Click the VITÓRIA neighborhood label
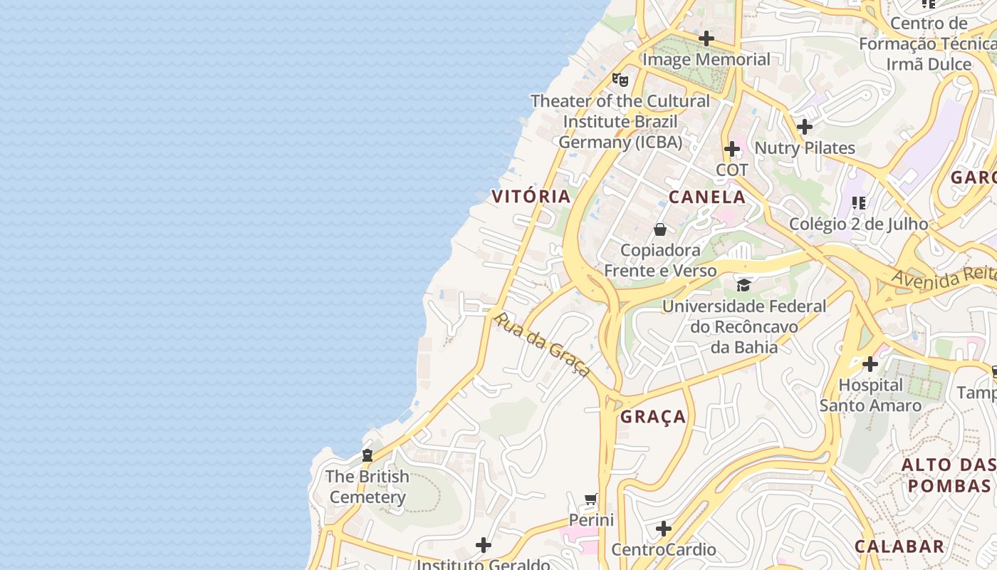coord(531,197)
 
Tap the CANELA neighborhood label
coord(707,197)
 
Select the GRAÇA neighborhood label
coord(653,417)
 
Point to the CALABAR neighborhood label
coord(899,546)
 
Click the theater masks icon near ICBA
coord(620,79)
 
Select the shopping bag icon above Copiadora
coord(660,229)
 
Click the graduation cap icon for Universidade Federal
coord(743,286)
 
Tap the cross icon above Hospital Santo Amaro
coord(870,364)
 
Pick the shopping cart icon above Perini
coord(590,499)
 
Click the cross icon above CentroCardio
coord(664,529)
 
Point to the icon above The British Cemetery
coord(367,455)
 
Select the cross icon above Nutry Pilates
coord(805,127)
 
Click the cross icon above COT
coord(732,149)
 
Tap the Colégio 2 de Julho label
coord(858,224)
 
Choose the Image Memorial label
coord(706,59)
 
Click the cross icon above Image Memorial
coord(706,38)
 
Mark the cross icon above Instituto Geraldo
coord(484,546)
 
